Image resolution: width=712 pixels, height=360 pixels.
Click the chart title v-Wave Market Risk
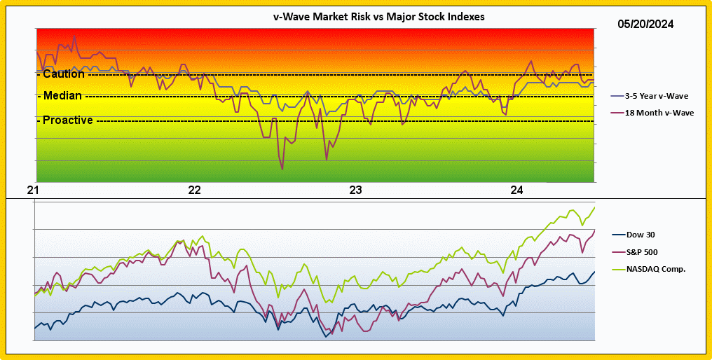(378, 17)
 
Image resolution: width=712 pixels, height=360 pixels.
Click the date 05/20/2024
(645, 24)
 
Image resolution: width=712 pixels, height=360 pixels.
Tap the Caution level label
(63, 74)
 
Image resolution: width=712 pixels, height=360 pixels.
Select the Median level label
(62, 95)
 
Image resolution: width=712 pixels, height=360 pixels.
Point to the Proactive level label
(67, 120)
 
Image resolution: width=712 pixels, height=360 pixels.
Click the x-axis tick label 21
(33, 191)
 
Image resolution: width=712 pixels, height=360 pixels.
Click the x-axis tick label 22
(194, 191)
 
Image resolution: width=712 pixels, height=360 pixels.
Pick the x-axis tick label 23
(355, 191)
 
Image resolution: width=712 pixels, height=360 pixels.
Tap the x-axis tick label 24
(517, 191)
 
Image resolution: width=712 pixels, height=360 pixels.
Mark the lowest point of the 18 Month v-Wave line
(282, 169)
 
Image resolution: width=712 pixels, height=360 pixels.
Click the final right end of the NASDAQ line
(595, 207)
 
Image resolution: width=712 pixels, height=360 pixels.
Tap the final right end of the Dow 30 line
(595, 272)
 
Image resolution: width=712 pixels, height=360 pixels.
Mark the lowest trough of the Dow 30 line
(326, 337)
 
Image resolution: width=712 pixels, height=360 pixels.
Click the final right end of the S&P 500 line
(595, 230)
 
